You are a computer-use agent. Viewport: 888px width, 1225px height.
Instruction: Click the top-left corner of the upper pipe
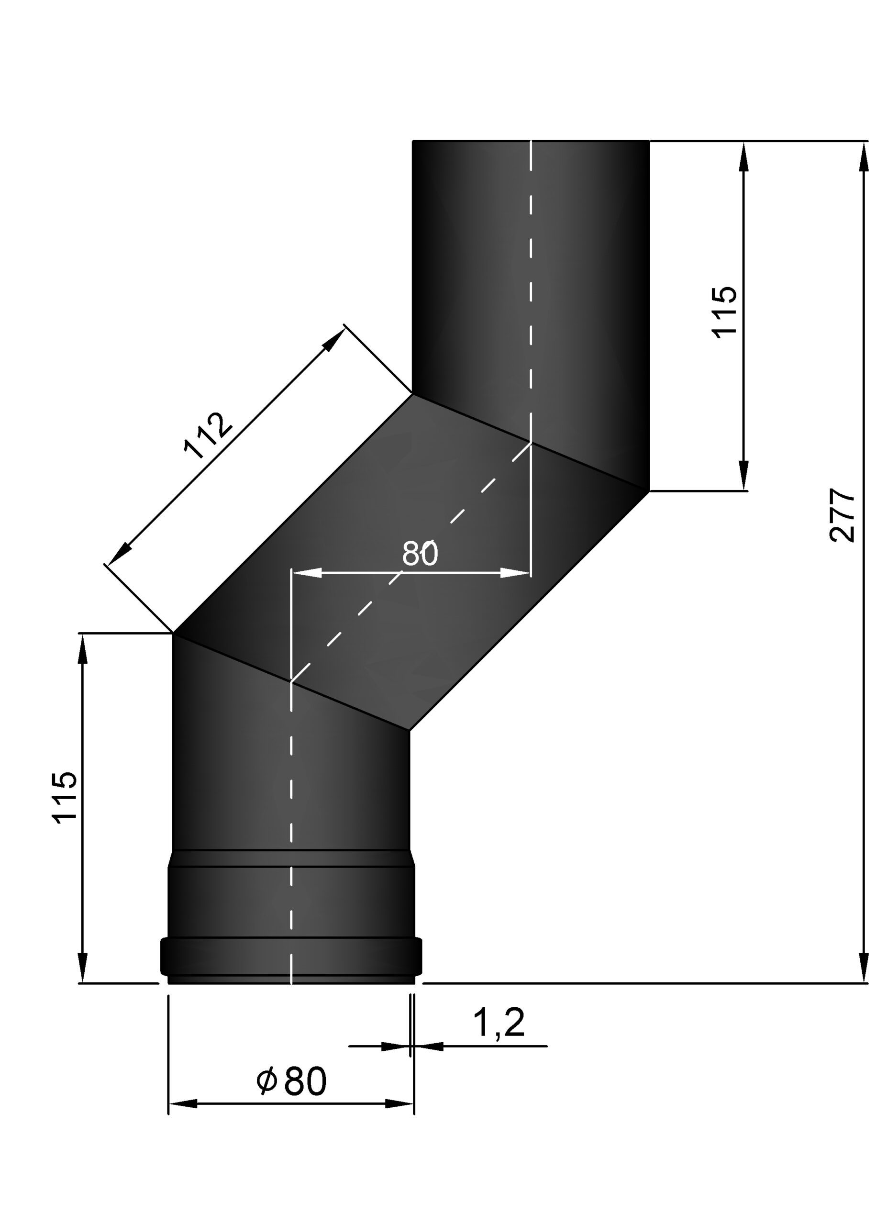click(x=413, y=141)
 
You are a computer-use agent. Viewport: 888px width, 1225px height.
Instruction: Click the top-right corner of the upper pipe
click(x=649, y=141)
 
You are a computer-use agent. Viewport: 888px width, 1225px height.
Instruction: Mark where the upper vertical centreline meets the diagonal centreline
click(x=531, y=442)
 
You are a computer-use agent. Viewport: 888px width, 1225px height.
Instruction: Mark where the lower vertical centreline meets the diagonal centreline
click(x=292, y=681)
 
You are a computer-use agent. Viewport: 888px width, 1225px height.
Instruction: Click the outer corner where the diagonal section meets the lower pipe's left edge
click(x=173, y=634)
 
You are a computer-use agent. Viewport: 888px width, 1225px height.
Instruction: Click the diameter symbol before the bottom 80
click(x=266, y=1080)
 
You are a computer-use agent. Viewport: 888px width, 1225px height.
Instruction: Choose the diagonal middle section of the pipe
click(x=411, y=562)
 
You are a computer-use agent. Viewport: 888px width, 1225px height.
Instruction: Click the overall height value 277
click(x=842, y=515)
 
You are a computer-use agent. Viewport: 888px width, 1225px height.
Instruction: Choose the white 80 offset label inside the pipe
click(x=420, y=553)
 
